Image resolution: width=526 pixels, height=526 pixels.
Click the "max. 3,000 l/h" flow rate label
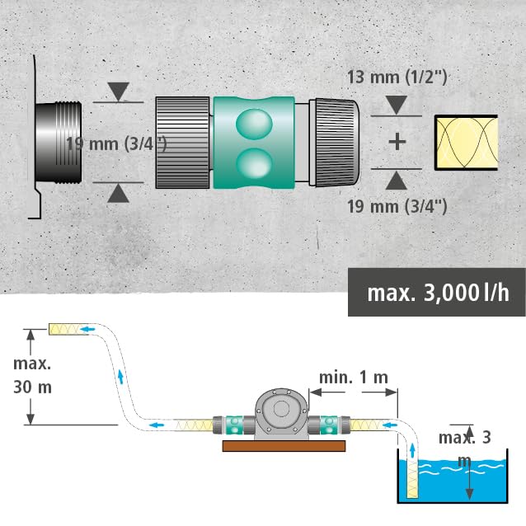coord(437,293)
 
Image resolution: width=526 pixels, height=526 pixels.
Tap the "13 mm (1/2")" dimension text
coord(397,78)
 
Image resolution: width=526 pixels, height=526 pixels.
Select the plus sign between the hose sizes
coord(397,141)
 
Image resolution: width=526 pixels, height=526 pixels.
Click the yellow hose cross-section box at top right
coord(466,142)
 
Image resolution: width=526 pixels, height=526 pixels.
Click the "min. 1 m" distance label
coord(354,378)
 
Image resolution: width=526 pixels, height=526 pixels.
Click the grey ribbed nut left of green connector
coord(184,143)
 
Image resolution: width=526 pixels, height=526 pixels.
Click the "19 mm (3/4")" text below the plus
coord(397,205)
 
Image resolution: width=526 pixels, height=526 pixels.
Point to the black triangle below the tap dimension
coord(119,194)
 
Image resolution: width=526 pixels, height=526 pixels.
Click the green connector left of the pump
coord(230,425)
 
